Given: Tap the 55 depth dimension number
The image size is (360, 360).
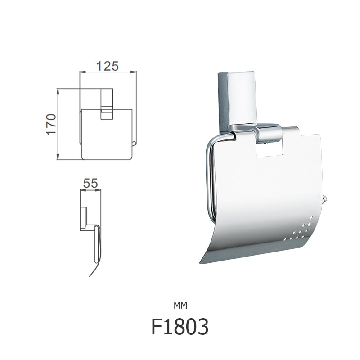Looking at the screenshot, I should tap(91, 184).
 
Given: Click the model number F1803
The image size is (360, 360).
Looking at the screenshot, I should tap(180, 327).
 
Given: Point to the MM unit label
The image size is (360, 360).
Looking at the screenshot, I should tap(180, 306).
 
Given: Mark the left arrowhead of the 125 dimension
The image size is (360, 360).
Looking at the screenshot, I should tap(81, 72).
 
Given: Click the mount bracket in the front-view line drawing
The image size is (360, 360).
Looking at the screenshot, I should tap(107, 103).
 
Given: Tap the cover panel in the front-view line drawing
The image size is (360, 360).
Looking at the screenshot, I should tap(107, 135).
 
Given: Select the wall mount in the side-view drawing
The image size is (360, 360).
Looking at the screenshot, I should tap(84, 218).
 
